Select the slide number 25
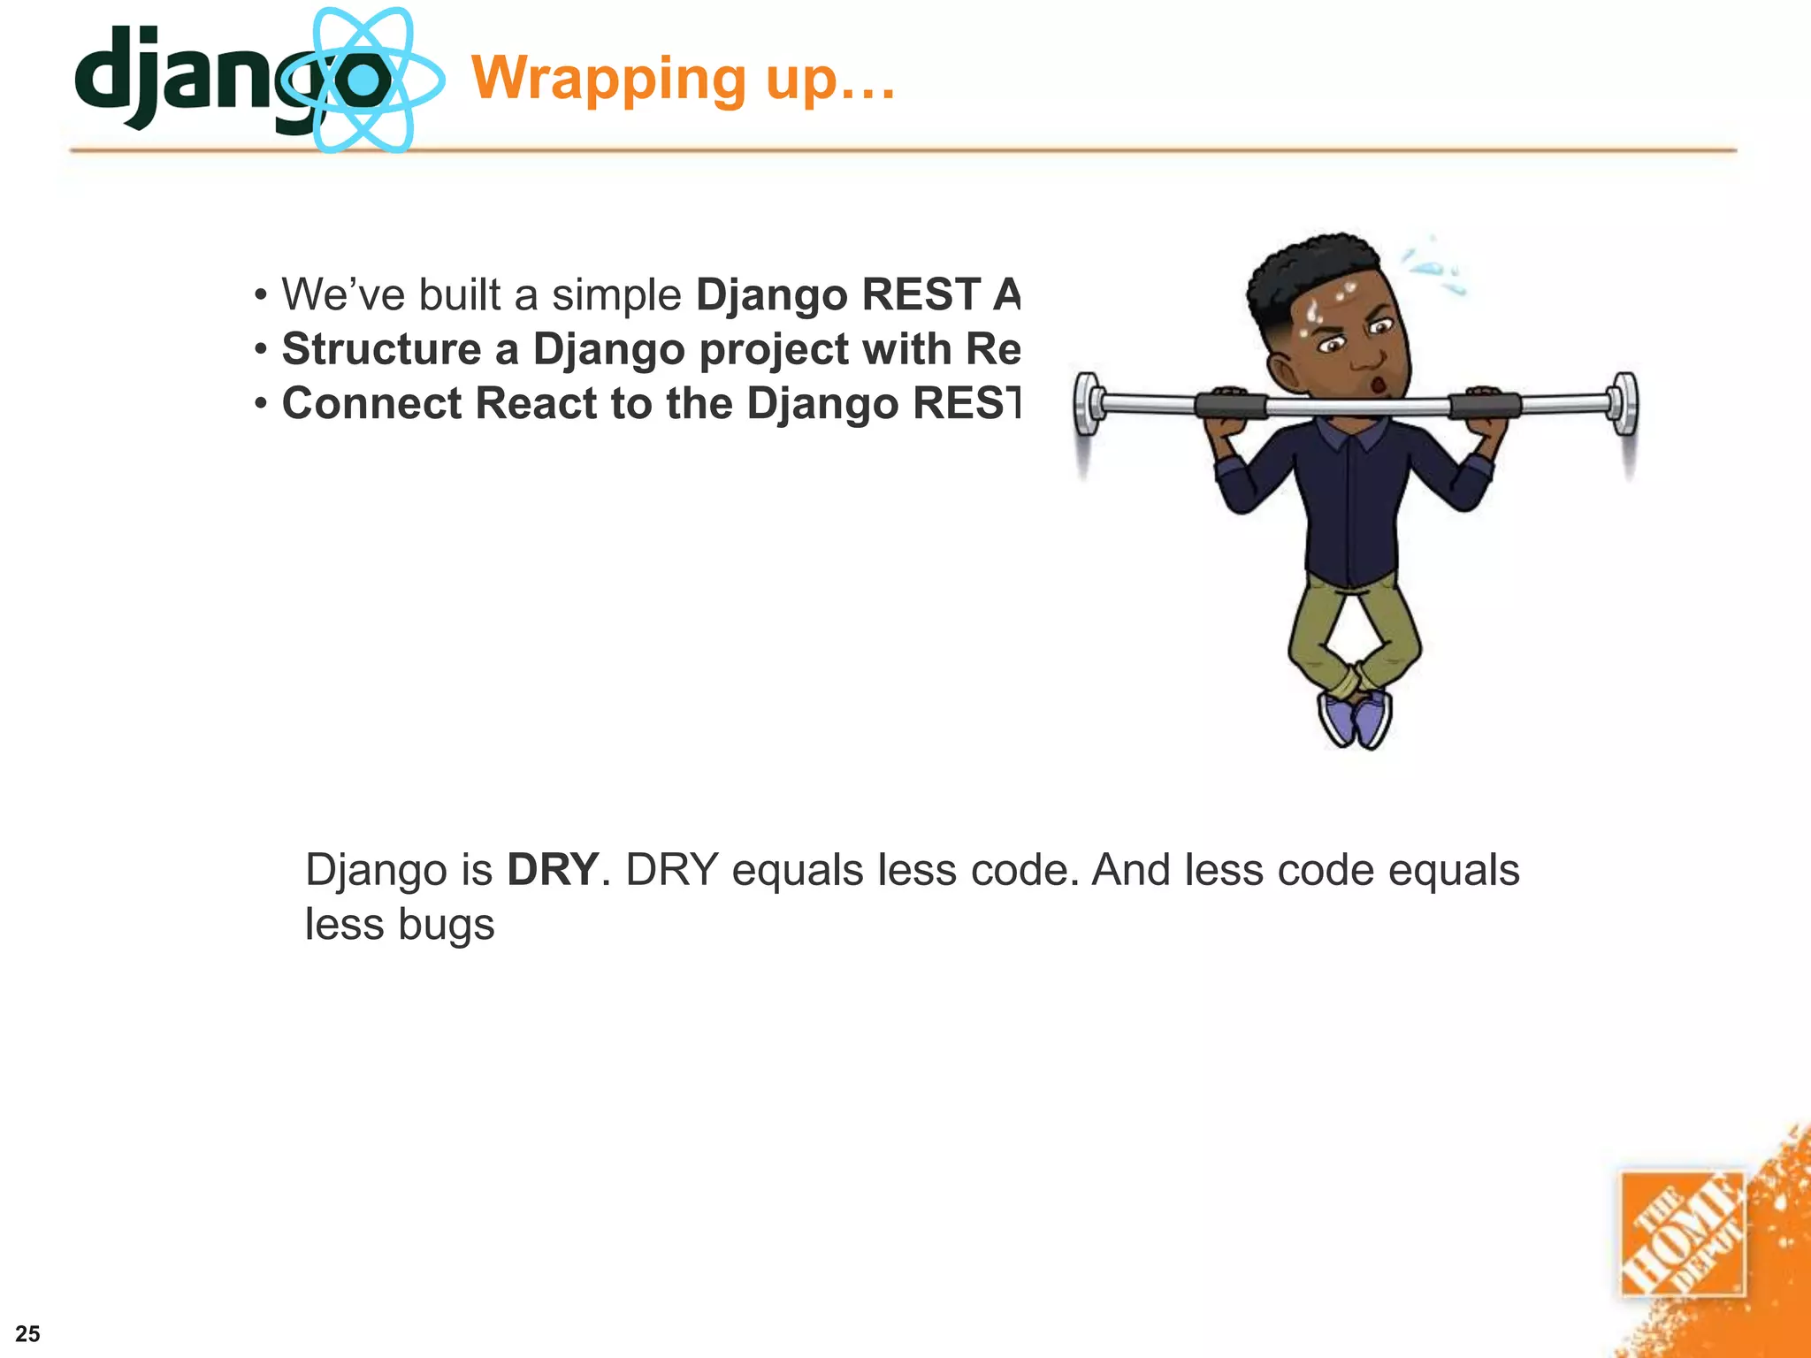pos(27,1333)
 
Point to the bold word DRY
pos(553,870)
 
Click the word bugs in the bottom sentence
pos(446,925)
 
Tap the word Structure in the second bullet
pos(381,348)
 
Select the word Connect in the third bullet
pos(371,403)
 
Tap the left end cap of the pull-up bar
pos(1089,403)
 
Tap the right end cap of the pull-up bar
pos(1624,403)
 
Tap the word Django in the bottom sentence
pos(376,870)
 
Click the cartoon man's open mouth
pos(1377,385)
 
